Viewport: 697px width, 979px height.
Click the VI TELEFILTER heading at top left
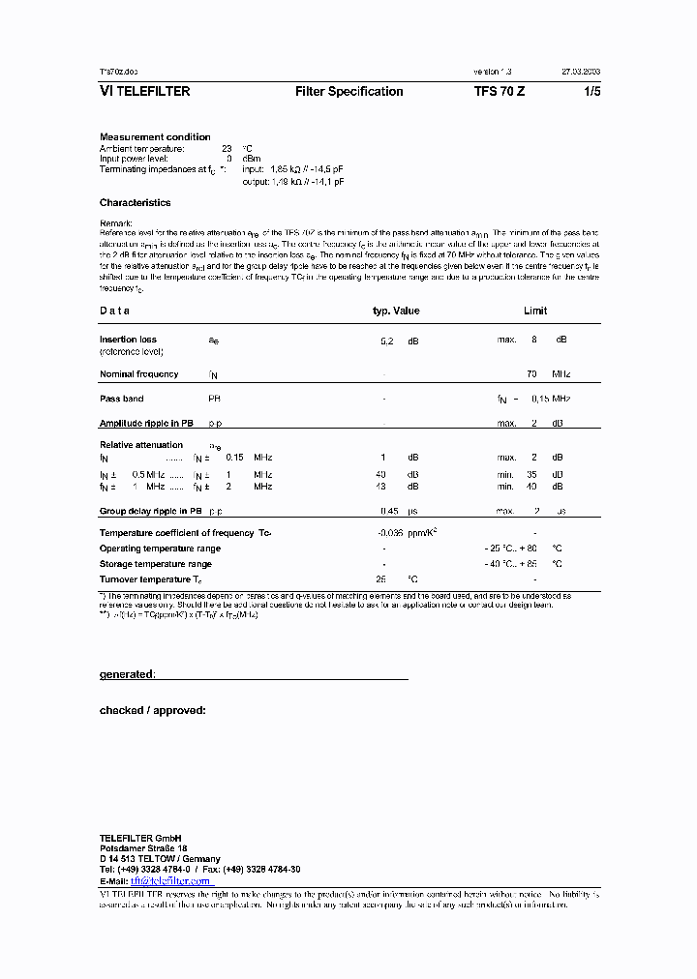pyautogui.click(x=144, y=92)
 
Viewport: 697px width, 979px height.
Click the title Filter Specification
pyautogui.click(x=348, y=92)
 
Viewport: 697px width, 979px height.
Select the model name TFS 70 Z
pyautogui.click(x=500, y=92)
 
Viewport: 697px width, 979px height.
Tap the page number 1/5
pyautogui.click(x=591, y=92)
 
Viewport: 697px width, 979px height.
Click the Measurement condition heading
pyautogui.click(x=155, y=137)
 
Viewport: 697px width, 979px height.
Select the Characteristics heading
pyautogui.click(x=135, y=203)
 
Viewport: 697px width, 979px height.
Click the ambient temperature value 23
pyautogui.click(x=227, y=148)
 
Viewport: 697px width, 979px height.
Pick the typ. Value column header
pyautogui.click(x=396, y=311)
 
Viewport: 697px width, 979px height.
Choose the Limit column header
pyautogui.click(x=534, y=311)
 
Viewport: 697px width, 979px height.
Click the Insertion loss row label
pyautogui.click(x=128, y=340)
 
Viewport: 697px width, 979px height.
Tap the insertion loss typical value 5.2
pyautogui.click(x=386, y=341)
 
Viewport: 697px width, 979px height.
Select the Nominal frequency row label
pyautogui.click(x=138, y=374)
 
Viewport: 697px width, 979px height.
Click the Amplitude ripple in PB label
pyautogui.click(x=146, y=424)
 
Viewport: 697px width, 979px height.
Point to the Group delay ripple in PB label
pyautogui.click(x=150, y=511)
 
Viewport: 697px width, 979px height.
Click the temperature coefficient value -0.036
pyautogui.click(x=391, y=533)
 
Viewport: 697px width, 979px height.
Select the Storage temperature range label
pyautogui.click(x=155, y=564)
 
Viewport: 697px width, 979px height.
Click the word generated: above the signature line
pyautogui.click(x=127, y=674)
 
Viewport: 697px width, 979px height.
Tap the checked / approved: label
pyautogui.click(x=152, y=710)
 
